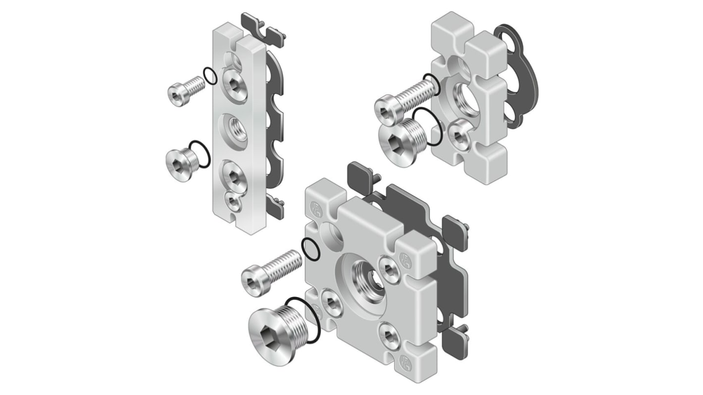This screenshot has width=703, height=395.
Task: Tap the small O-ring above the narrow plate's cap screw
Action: coord(209,76)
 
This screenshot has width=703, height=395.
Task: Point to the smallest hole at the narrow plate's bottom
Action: coord(233,202)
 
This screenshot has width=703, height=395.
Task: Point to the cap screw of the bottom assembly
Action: coord(271,270)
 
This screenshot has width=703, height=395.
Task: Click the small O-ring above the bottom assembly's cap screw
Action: coord(311,248)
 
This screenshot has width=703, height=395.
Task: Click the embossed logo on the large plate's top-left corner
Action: coord(315,206)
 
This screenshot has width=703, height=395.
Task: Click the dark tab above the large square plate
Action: coord(361,173)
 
